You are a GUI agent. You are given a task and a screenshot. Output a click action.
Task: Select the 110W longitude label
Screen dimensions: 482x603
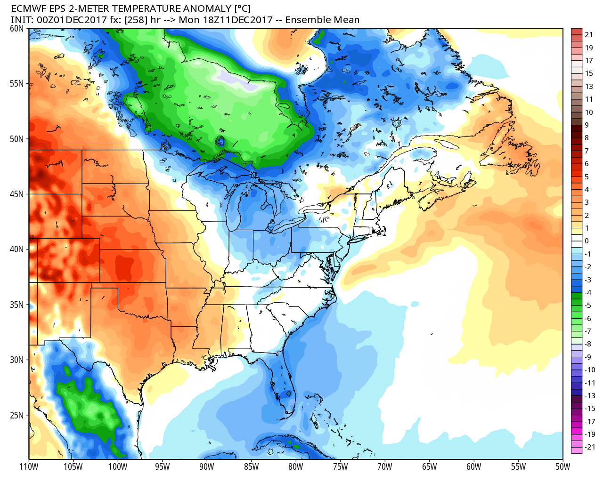(x=29, y=466)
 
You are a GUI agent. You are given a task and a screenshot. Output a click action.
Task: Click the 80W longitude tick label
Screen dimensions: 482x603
(x=296, y=466)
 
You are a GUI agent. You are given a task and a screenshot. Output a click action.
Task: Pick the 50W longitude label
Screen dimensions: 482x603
(x=562, y=466)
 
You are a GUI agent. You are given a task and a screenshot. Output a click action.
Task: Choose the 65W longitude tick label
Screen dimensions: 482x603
(x=429, y=466)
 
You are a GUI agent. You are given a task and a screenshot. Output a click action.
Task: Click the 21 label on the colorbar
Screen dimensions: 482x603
(x=589, y=35)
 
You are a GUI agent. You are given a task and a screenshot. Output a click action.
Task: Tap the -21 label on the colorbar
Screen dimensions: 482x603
(x=590, y=447)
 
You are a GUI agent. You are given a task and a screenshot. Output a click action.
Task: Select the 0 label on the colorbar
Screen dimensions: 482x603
(x=587, y=241)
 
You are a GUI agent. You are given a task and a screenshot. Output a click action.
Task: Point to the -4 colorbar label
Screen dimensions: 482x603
(x=588, y=293)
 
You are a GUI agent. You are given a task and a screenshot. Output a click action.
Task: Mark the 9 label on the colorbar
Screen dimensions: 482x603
(x=587, y=125)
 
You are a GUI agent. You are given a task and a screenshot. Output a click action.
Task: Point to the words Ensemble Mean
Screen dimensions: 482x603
(x=322, y=20)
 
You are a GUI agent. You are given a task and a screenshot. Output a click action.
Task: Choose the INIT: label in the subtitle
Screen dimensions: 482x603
(x=22, y=20)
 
